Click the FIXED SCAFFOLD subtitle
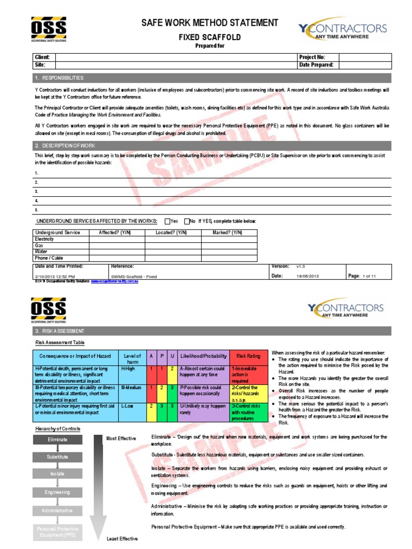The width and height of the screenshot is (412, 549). pyautogui.click(x=209, y=37)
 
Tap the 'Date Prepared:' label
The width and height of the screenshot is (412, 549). pyautogui.click(x=315, y=64)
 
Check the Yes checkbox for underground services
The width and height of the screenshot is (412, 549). pyautogui.click(x=167, y=221)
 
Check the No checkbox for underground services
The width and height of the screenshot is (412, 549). pyautogui.click(x=187, y=221)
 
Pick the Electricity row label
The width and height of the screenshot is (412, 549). pyautogui.click(x=45, y=239)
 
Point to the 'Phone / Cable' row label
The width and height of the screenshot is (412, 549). pyautogui.click(x=48, y=258)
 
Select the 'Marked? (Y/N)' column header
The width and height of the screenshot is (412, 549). pyautogui.click(x=229, y=233)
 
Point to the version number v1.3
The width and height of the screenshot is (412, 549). pyautogui.click(x=300, y=266)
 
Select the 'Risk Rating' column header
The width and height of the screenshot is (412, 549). pyautogui.click(x=248, y=355)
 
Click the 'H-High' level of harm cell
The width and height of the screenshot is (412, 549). pyautogui.click(x=128, y=369)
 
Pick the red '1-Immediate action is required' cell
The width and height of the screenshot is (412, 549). pyautogui.click(x=248, y=374)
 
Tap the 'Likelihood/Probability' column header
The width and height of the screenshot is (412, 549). pyautogui.click(x=203, y=355)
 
